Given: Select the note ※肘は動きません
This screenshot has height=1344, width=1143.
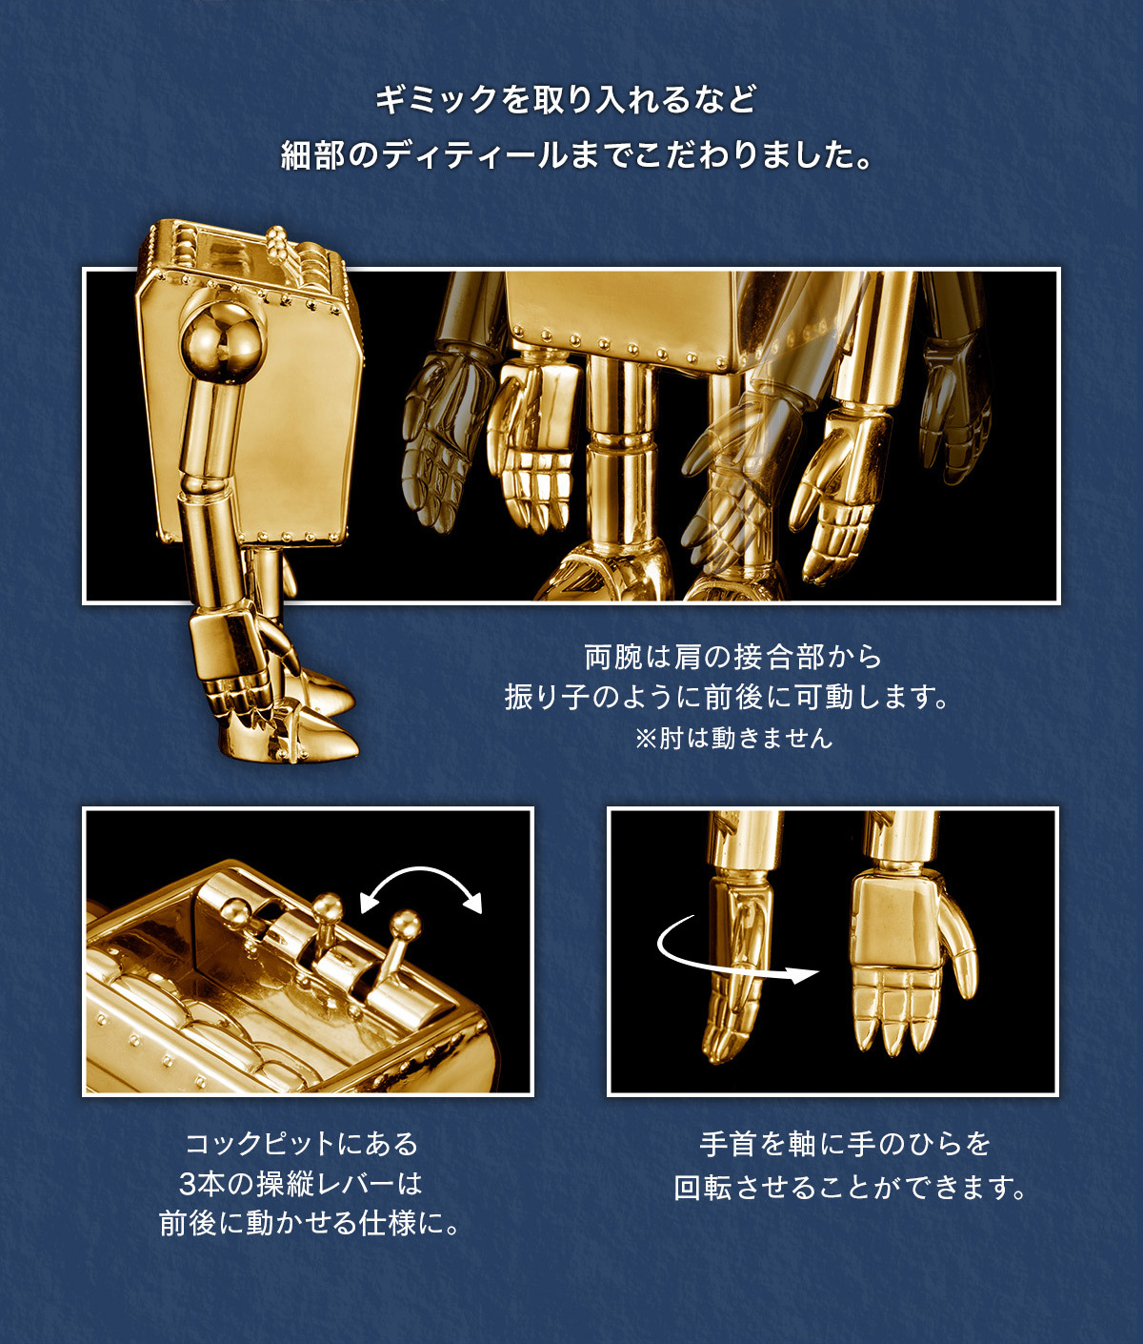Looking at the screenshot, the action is click(x=733, y=738).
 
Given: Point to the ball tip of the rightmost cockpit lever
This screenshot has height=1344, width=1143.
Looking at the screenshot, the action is click(x=408, y=924).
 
